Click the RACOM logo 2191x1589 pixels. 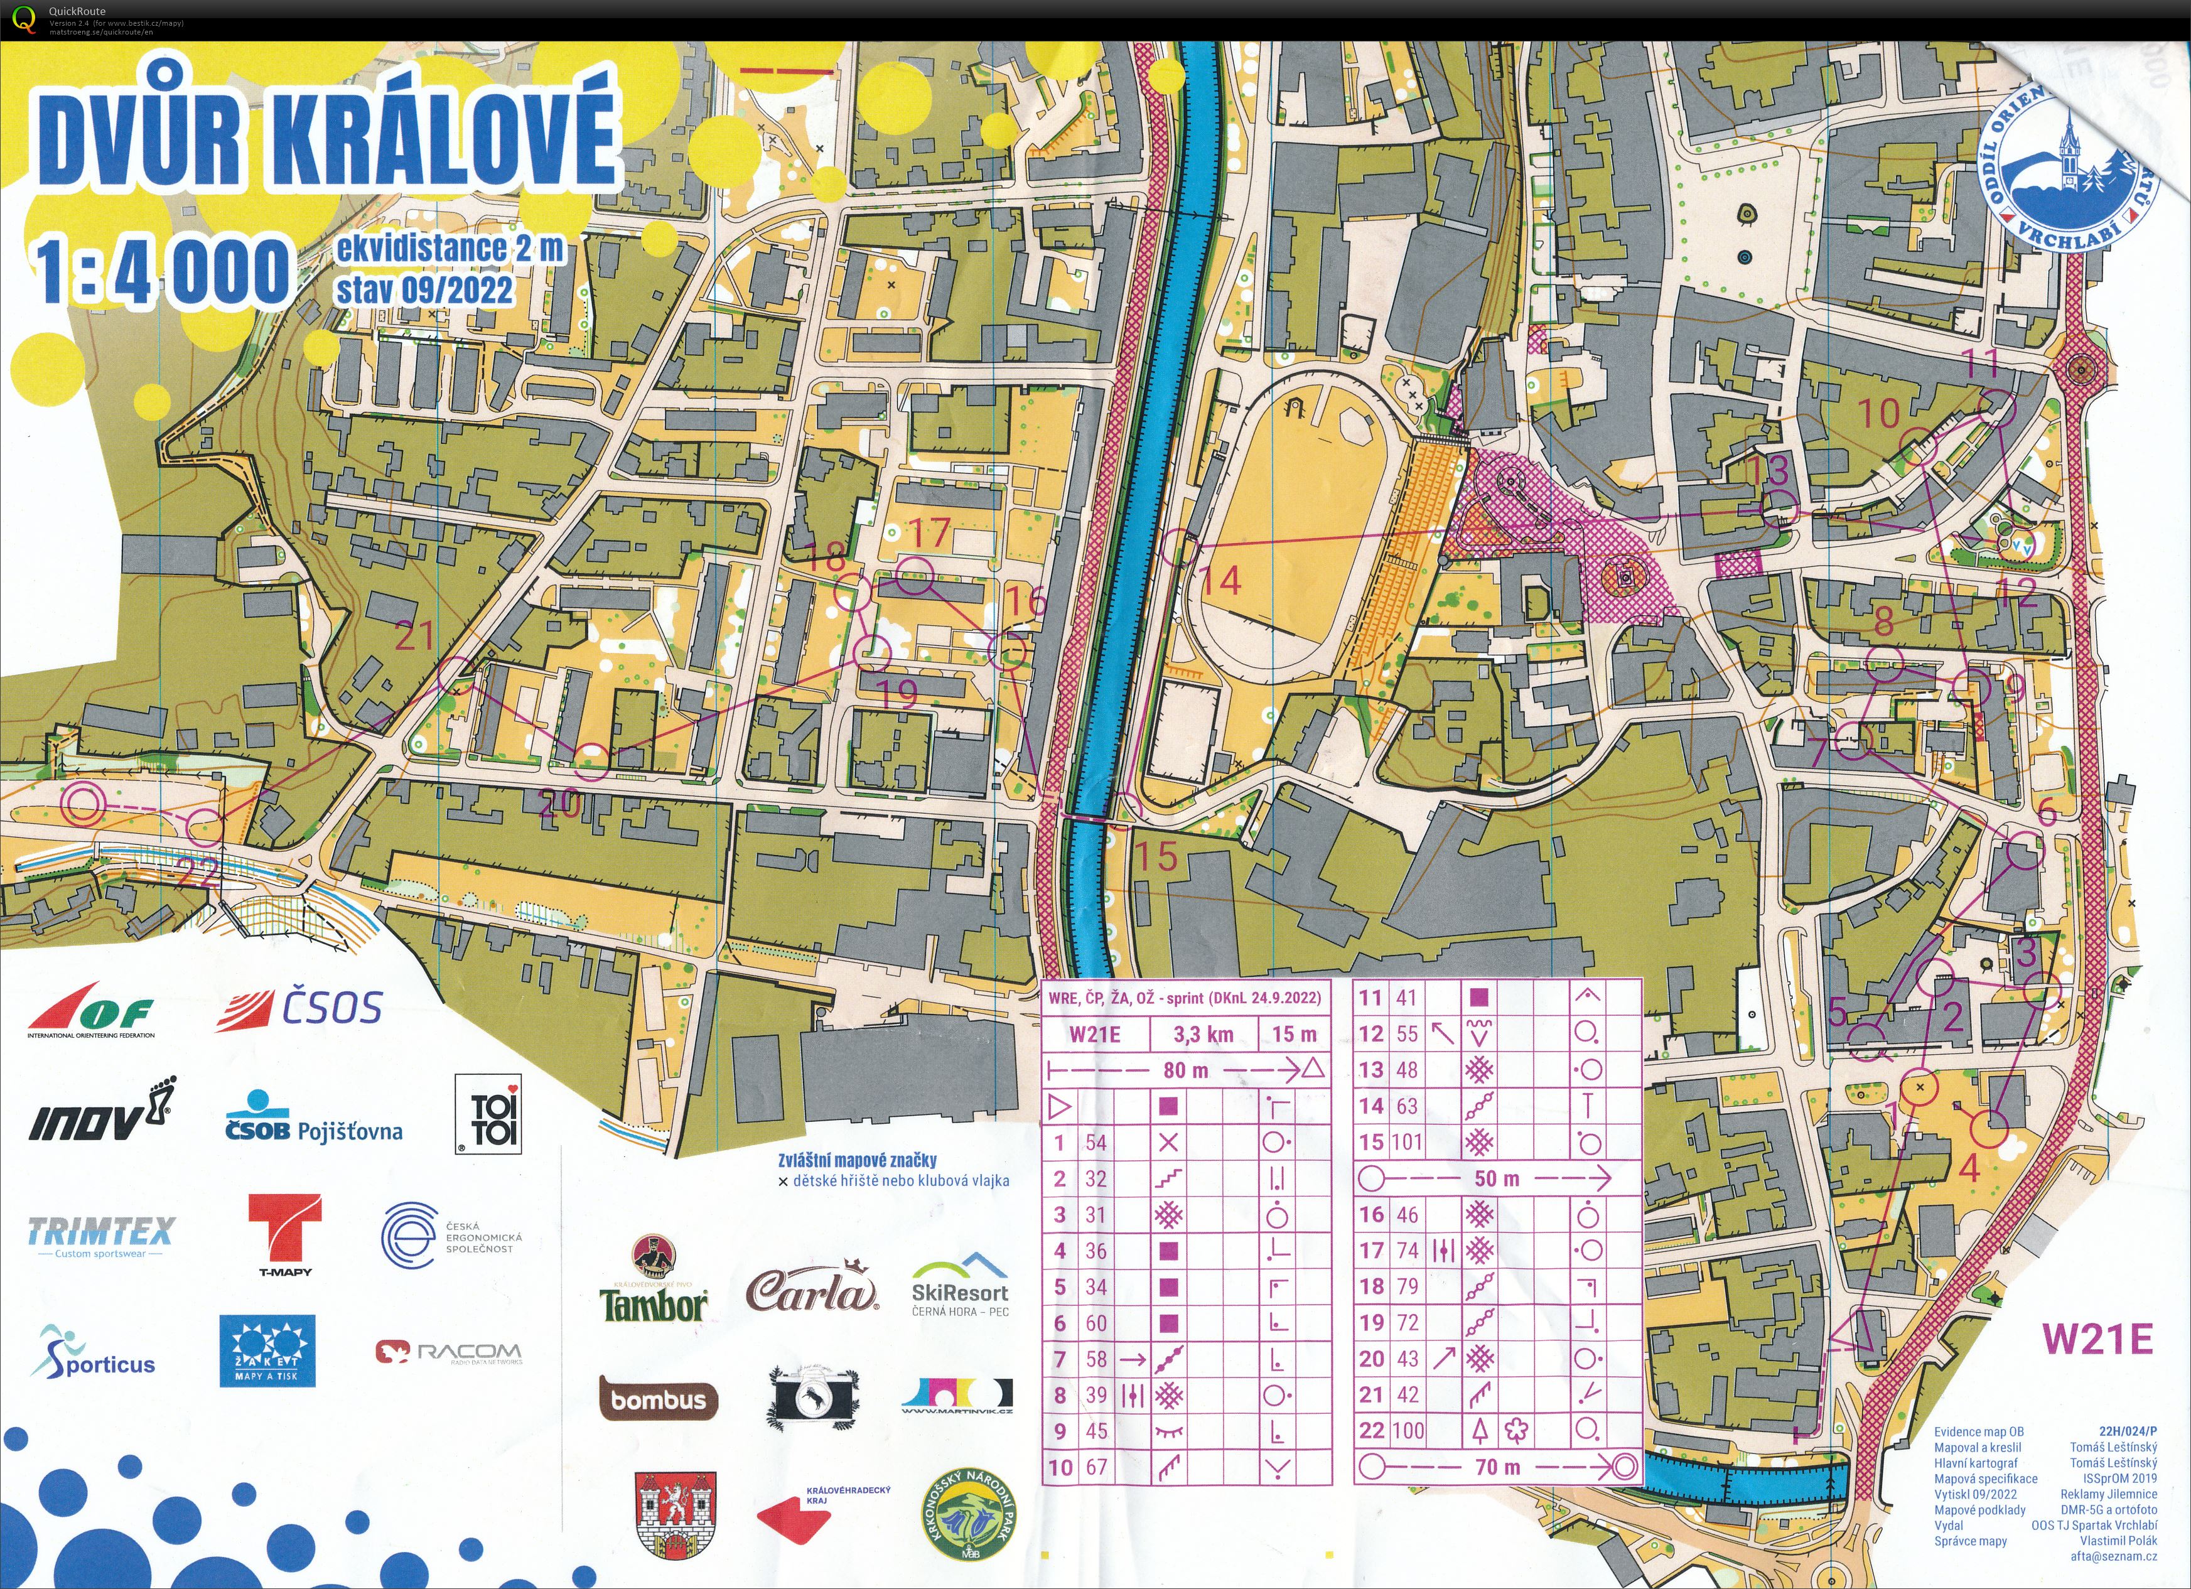[450, 1352]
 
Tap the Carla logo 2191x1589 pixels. [812, 1290]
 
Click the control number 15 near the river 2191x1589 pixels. [1155, 856]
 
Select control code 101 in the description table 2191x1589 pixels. [1406, 1143]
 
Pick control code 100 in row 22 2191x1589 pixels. [1406, 1431]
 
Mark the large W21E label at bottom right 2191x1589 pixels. [2096, 1339]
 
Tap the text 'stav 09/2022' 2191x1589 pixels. [424, 289]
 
